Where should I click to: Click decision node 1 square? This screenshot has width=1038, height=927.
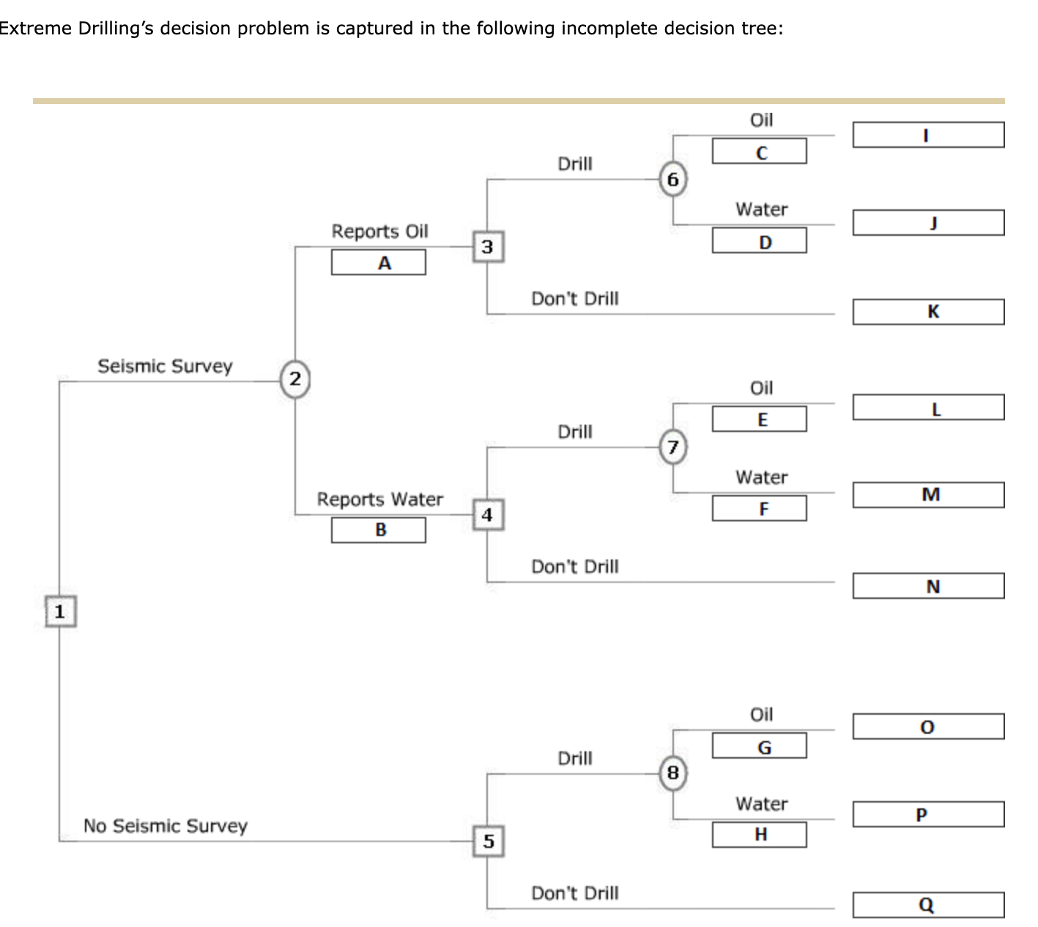[59, 611]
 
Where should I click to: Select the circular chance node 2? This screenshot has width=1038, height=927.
[294, 379]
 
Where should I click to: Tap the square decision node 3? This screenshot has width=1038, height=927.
[488, 247]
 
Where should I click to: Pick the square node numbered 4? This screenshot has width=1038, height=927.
[488, 515]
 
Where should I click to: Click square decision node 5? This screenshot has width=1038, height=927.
[488, 841]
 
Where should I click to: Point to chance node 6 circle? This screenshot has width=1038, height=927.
[673, 179]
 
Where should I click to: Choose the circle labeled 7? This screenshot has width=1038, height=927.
[673, 447]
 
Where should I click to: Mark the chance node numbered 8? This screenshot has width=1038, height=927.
[673, 773]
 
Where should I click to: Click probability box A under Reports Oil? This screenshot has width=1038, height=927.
[378, 263]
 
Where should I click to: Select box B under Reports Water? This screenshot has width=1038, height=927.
[378, 530]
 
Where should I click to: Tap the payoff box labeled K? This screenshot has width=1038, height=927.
[928, 312]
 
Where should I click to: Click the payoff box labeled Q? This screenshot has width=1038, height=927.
[928, 905]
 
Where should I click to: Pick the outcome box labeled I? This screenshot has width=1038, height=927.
[928, 135]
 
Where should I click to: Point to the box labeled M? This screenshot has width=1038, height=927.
[928, 495]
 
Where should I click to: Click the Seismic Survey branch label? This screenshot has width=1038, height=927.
[165, 366]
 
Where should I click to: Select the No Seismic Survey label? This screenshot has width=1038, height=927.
[166, 826]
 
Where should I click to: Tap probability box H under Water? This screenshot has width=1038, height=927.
[759, 835]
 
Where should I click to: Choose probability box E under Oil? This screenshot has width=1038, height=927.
[759, 420]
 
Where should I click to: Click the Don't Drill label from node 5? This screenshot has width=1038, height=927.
[574, 893]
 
